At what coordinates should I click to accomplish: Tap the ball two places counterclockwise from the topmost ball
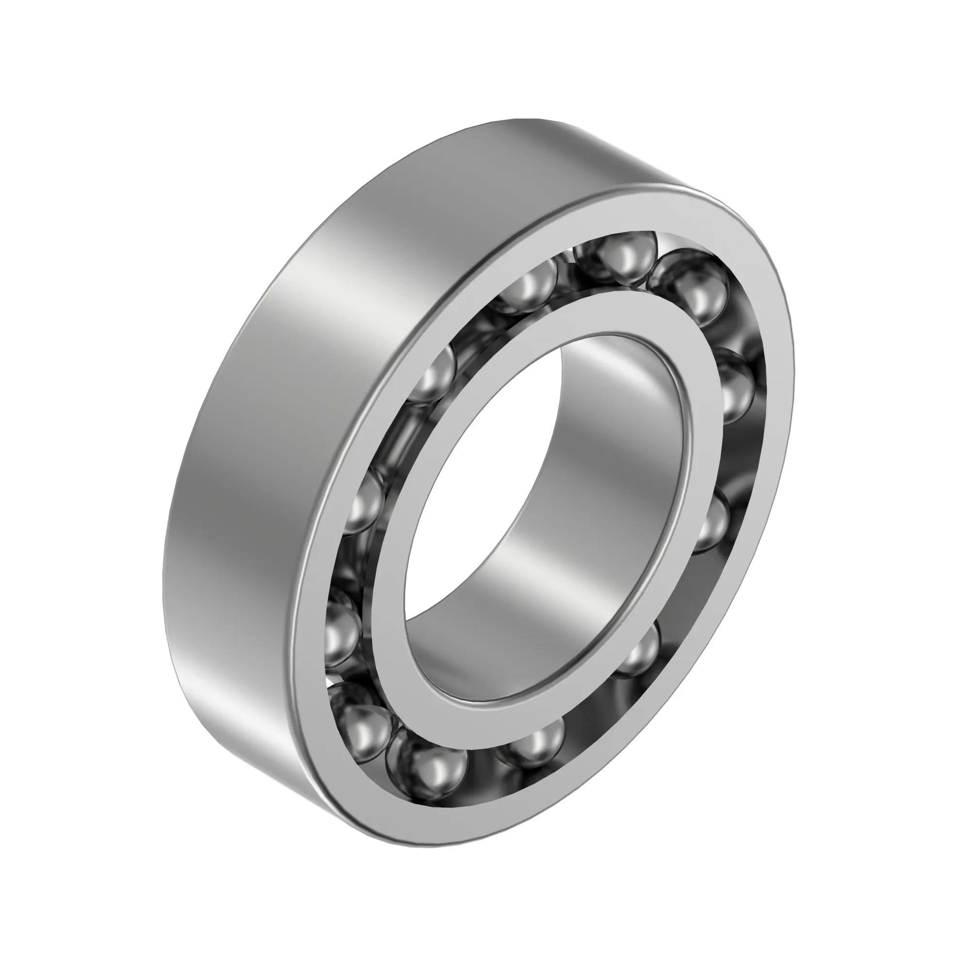[434, 374]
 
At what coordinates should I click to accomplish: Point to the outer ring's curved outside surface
[251, 452]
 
